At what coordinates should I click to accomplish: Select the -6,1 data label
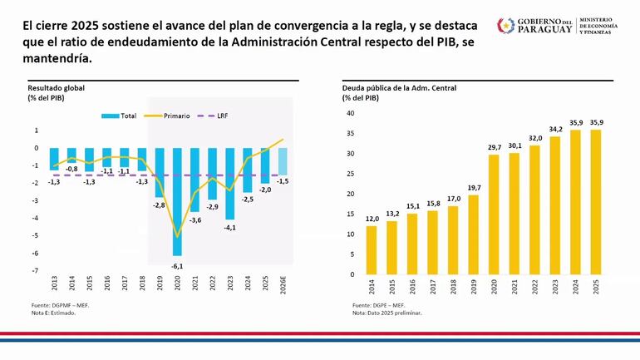click(x=177, y=265)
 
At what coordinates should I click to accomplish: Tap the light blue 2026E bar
click(x=283, y=160)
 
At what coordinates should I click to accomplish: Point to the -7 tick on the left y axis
click(x=36, y=271)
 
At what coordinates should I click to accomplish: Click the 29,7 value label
click(x=495, y=147)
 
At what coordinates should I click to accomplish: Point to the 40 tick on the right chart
click(x=350, y=113)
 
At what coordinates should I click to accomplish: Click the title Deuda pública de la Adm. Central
click(x=399, y=87)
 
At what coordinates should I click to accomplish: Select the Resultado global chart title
click(x=56, y=87)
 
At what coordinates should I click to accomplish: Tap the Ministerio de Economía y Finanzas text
click(x=604, y=26)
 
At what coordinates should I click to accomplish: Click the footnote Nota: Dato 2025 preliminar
click(x=387, y=313)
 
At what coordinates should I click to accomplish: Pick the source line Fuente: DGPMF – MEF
click(x=58, y=306)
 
